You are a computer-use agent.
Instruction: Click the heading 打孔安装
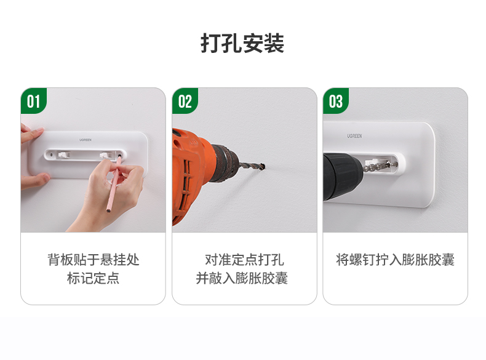click(242, 44)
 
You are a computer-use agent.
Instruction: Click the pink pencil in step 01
click(112, 185)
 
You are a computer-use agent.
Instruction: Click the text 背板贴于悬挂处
click(93, 259)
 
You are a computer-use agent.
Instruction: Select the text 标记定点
click(93, 278)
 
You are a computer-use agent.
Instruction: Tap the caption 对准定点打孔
click(244, 259)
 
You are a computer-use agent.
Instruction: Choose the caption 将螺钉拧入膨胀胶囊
click(395, 259)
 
